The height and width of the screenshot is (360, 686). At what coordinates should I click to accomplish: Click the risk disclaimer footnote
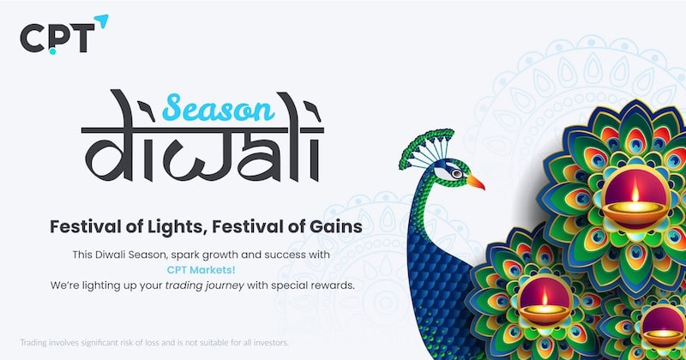coord(154,342)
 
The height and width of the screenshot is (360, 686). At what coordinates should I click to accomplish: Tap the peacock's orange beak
coord(475,182)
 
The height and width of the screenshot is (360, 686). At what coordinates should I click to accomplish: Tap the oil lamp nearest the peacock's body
coord(545,308)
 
